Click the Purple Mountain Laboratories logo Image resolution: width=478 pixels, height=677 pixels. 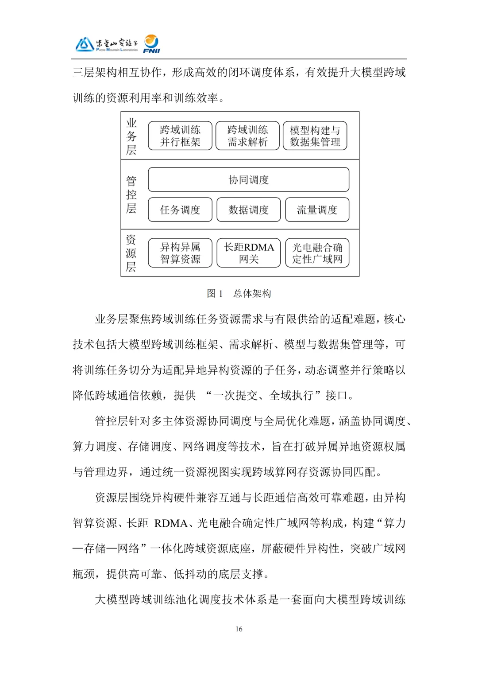point(107,44)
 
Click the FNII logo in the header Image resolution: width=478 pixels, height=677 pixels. point(151,44)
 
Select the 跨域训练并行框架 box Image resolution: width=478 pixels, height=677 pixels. point(180,136)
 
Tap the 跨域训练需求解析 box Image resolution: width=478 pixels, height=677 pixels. point(247,136)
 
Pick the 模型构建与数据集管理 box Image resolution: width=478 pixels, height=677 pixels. point(315,136)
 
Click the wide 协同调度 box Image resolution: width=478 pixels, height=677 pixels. point(248,179)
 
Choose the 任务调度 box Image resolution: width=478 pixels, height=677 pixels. point(180,210)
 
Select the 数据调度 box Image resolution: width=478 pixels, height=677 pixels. point(248,210)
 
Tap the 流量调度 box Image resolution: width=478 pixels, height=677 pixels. point(317,210)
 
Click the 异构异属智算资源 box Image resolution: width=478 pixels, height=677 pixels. point(180,253)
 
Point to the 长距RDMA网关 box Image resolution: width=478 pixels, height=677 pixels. point(248,253)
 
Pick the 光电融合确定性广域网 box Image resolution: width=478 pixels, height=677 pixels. point(317,253)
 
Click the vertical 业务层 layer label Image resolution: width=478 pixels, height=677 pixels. point(131,136)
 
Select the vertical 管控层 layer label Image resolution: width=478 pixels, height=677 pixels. point(131,195)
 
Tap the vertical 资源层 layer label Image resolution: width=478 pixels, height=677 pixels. point(131,253)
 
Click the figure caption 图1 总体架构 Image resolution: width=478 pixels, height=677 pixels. point(239,293)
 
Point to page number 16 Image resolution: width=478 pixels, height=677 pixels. point(239,629)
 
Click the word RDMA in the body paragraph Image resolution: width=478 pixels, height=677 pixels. point(171,523)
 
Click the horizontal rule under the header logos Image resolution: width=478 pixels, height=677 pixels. point(239,59)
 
